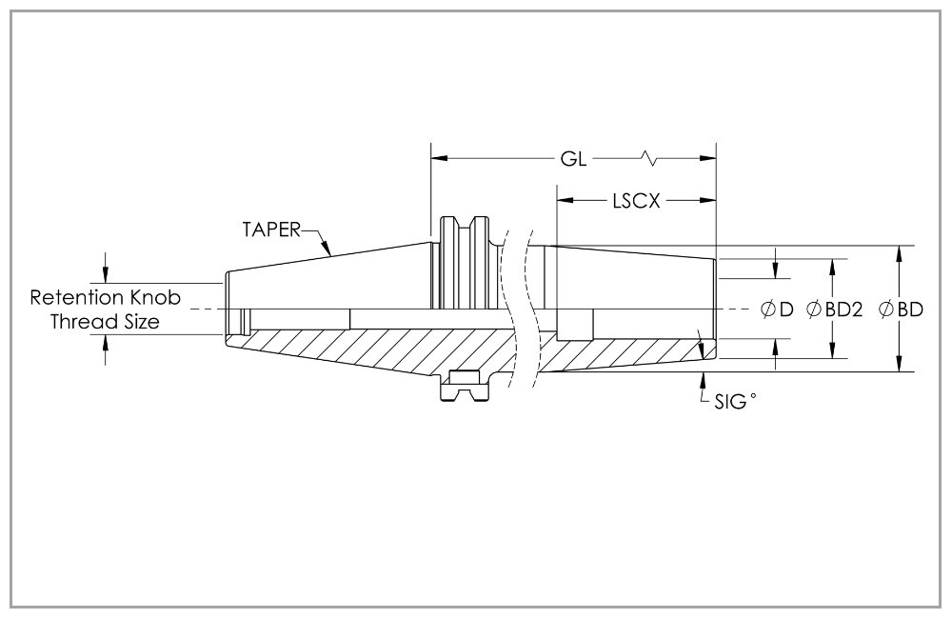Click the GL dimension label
coord(573,157)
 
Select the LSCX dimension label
coord(637,201)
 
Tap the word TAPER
coord(270,229)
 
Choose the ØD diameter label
coord(776,309)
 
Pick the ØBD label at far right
coord(900,309)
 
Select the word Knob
coord(154,297)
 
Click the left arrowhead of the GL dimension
coord(439,157)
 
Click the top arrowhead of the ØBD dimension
coord(899,251)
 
